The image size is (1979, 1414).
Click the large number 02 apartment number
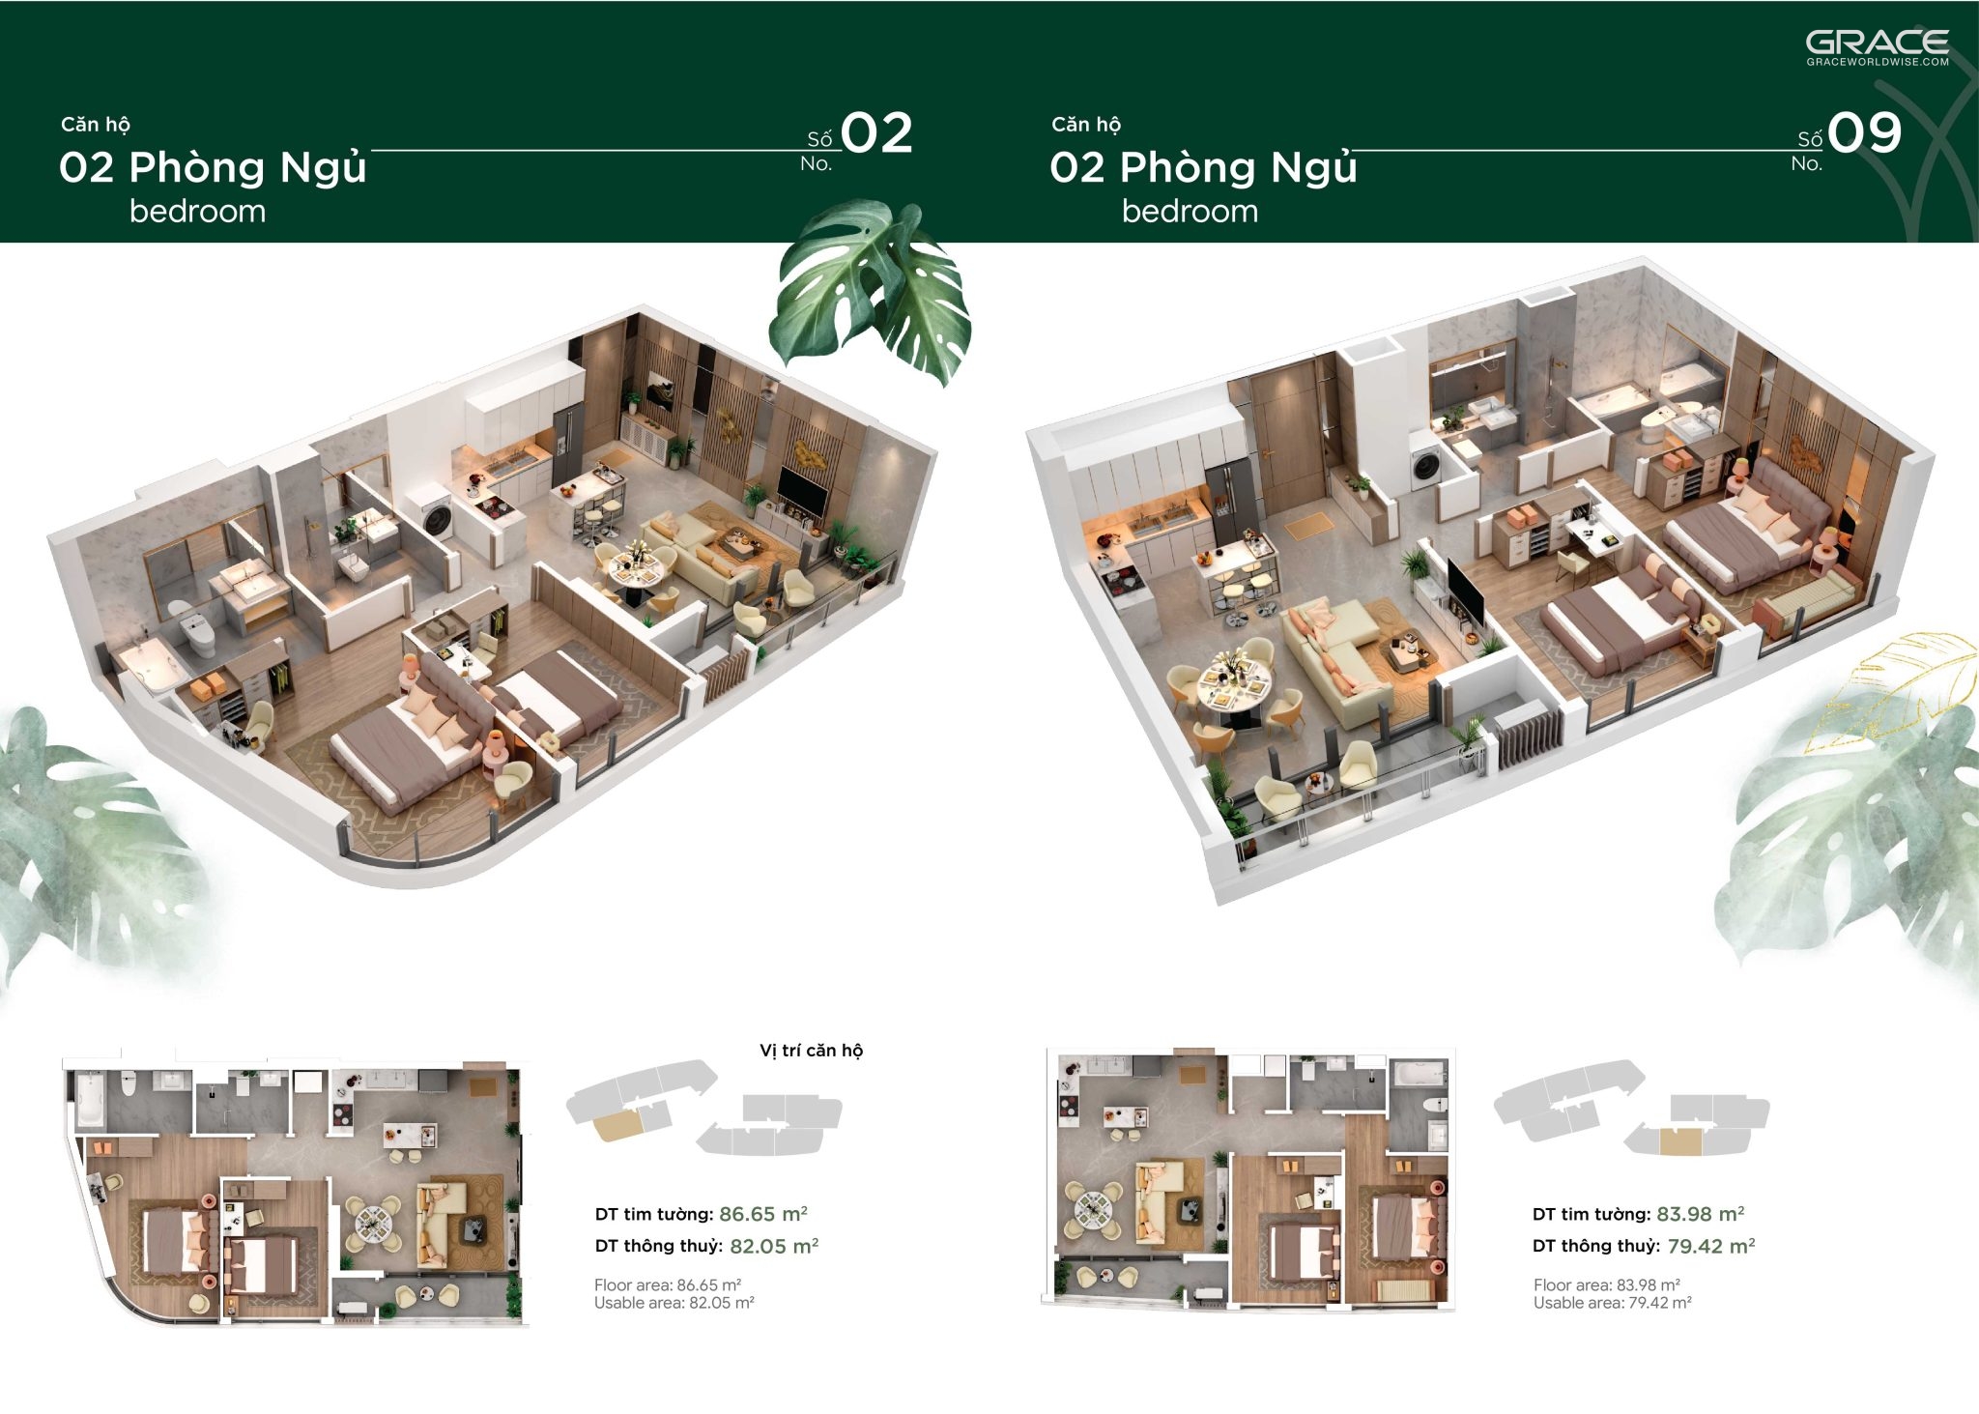point(876,133)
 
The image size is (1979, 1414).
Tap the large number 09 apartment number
point(1865,133)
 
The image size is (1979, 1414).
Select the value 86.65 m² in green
point(762,1214)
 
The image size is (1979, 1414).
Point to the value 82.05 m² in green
point(773,1246)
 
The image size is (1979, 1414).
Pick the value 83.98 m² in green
point(1700,1214)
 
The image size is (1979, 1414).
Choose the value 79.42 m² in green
point(1710,1246)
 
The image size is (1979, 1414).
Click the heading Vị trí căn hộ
point(811,1051)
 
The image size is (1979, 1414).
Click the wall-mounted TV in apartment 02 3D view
point(803,492)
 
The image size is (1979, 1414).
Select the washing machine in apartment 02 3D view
point(437,515)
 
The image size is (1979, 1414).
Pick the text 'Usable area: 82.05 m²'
point(674,1303)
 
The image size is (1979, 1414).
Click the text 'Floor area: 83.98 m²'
point(1606,1285)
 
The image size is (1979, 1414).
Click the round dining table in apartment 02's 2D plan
point(372,1225)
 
